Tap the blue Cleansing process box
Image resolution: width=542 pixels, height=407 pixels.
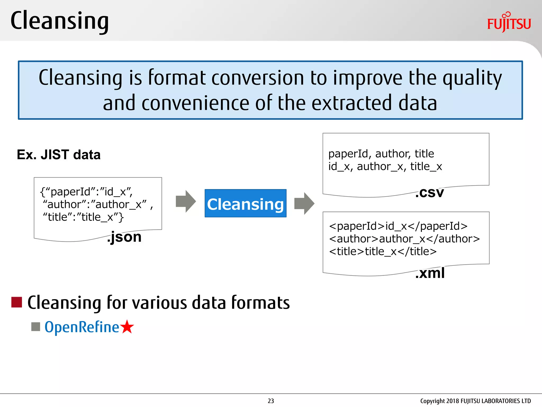(x=245, y=203)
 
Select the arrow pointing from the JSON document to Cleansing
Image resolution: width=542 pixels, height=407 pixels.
(x=186, y=201)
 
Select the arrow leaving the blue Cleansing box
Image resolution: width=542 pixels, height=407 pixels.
(x=304, y=203)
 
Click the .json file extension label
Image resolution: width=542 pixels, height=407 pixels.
(x=124, y=237)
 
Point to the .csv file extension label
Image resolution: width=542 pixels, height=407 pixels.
(x=429, y=193)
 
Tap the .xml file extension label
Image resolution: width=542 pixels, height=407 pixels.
(x=430, y=273)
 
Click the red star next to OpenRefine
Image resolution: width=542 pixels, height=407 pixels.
(x=127, y=327)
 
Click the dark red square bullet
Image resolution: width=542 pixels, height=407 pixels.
(x=17, y=302)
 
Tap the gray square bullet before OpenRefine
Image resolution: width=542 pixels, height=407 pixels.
(x=35, y=327)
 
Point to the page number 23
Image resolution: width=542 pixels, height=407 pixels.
(x=271, y=401)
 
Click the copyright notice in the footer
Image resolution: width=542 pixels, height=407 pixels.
(x=475, y=401)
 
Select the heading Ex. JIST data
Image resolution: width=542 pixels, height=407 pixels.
(x=59, y=154)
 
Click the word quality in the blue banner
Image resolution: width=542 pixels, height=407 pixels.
(x=472, y=78)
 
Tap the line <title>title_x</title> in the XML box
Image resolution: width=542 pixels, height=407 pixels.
(x=383, y=251)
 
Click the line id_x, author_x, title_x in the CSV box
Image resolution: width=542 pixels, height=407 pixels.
(x=385, y=166)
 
